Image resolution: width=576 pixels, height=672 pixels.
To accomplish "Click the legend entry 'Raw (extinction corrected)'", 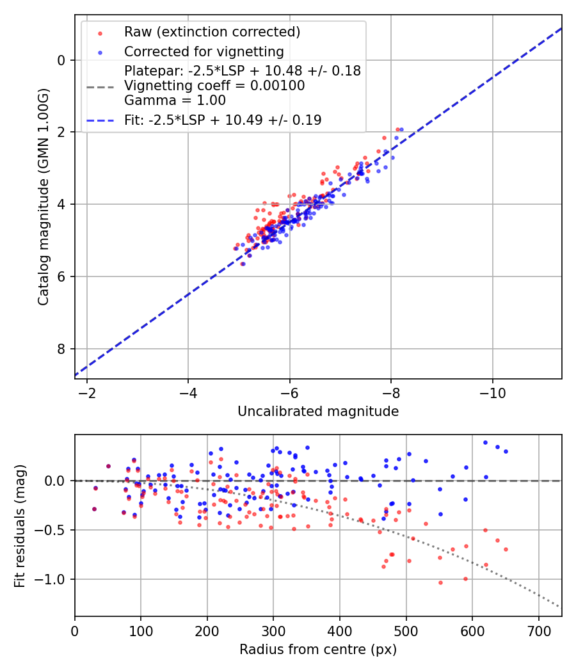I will tap(212, 32).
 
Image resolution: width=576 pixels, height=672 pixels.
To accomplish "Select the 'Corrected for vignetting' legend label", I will tap(204, 51).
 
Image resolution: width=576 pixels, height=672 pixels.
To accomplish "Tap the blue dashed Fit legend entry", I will tap(223, 120).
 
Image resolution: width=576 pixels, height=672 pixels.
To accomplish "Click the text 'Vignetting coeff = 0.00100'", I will tap(214, 86).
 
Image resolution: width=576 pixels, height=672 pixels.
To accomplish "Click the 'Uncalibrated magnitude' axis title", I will tap(318, 412).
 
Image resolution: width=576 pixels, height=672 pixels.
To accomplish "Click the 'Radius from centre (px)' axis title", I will tap(318, 650).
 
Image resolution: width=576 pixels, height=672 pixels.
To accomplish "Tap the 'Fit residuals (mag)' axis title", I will tap(20, 525).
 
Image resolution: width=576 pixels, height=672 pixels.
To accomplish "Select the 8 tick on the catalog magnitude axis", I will tap(62, 349).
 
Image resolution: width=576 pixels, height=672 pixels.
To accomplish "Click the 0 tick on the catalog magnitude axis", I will tap(62, 60).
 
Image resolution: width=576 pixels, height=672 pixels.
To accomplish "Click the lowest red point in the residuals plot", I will tap(440, 582).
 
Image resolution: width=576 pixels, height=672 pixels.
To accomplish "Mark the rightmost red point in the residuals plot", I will tap(506, 549).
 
